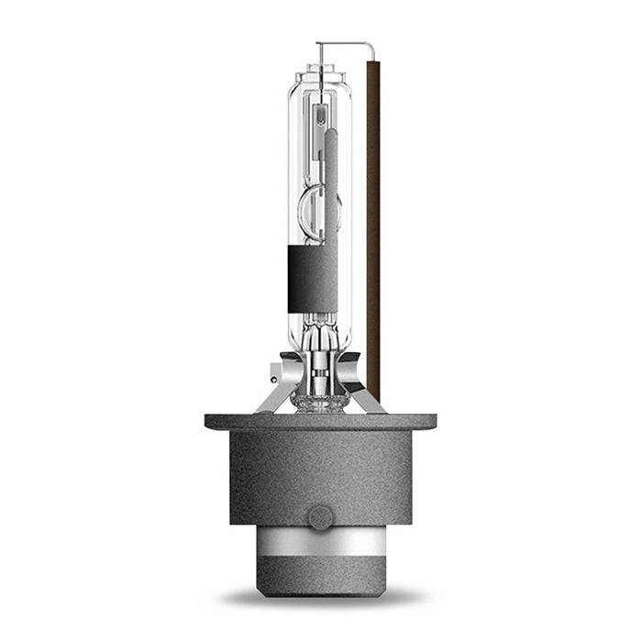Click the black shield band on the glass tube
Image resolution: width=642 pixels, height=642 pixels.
tap(312, 279)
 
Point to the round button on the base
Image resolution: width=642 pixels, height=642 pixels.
tap(320, 517)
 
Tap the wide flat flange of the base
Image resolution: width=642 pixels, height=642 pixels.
tap(320, 422)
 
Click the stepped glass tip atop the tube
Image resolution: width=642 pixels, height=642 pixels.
tap(318, 70)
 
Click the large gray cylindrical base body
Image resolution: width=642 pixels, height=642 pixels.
tap(320, 472)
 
